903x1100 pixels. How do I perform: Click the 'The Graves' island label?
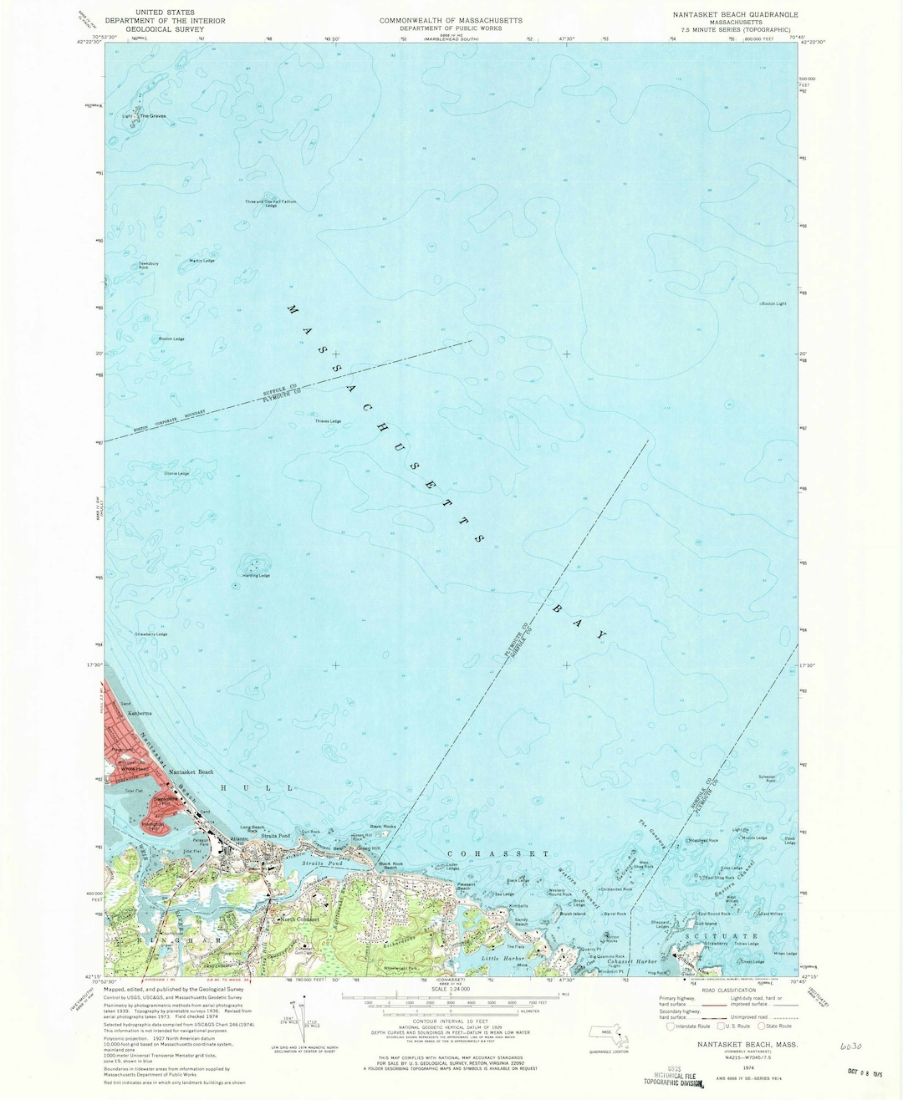pyautogui.click(x=153, y=115)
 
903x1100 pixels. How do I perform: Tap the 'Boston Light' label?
pyautogui.click(x=774, y=303)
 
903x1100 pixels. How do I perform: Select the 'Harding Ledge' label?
pyautogui.click(x=258, y=576)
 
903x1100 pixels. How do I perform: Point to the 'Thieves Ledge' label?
pyautogui.click(x=329, y=420)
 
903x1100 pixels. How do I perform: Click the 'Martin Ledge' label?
pyautogui.click(x=202, y=261)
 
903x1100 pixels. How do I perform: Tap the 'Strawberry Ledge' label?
pyautogui.click(x=151, y=634)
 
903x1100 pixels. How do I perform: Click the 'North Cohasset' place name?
pyautogui.click(x=299, y=919)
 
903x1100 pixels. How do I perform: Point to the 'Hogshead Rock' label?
pyautogui.click(x=702, y=840)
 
